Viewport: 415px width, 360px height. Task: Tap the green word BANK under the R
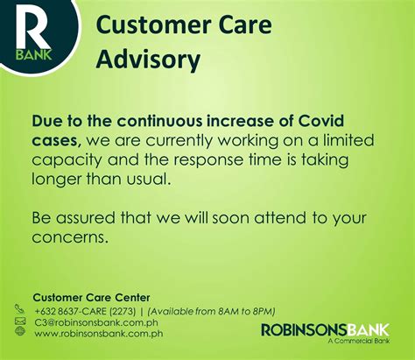pyautogui.click(x=34, y=54)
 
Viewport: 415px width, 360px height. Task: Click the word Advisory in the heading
pyautogui.click(x=148, y=60)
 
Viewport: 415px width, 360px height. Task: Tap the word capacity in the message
pyautogui.click(x=67, y=161)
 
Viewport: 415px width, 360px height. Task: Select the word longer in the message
pyautogui.click(x=56, y=180)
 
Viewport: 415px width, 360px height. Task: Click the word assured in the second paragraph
pyautogui.click(x=86, y=218)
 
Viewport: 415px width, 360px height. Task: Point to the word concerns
pyautogui.click(x=68, y=237)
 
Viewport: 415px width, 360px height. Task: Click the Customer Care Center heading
pyautogui.click(x=92, y=298)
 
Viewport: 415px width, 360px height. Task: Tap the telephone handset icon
pyautogui.click(x=20, y=308)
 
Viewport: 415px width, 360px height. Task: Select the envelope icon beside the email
pyautogui.click(x=20, y=321)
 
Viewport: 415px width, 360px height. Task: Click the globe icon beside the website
pyautogui.click(x=20, y=331)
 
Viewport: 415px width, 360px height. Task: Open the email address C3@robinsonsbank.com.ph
pyautogui.click(x=96, y=322)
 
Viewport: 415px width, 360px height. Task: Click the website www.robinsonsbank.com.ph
pyautogui.click(x=99, y=334)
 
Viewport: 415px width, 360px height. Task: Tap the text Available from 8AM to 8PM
pyautogui.click(x=212, y=312)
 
